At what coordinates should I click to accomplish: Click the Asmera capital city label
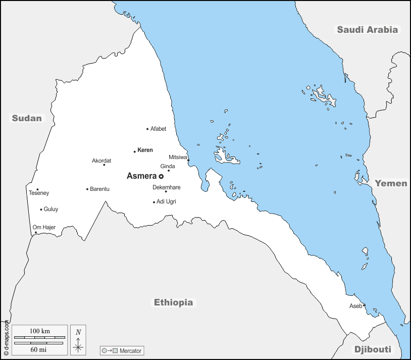point(141,176)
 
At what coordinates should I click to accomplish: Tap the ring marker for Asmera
point(161,177)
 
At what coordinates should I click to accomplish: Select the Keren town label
point(145,150)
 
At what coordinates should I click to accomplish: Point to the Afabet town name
point(158,129)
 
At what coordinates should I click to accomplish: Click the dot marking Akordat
point(104,165)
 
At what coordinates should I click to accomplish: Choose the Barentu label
point(99,189)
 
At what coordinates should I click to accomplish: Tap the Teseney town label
point(39,193)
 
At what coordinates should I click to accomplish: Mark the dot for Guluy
point(41,210)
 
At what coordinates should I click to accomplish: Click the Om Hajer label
point(44,227)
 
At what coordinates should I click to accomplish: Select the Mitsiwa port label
point(178,157)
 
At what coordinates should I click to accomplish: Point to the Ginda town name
point(168,166)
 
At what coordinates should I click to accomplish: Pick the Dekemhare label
point(166,187)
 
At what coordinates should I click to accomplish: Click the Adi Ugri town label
point(166,201)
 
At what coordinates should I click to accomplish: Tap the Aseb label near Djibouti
point(355,306)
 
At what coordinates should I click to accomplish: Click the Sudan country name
point(27,118)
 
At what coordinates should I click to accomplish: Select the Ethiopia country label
point(173,302)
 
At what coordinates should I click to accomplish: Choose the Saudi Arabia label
point(368,29)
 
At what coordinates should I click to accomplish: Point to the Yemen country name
point(391,183)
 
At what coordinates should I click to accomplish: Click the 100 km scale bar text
point(39,331)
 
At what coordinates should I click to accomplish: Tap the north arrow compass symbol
point(78,339)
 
